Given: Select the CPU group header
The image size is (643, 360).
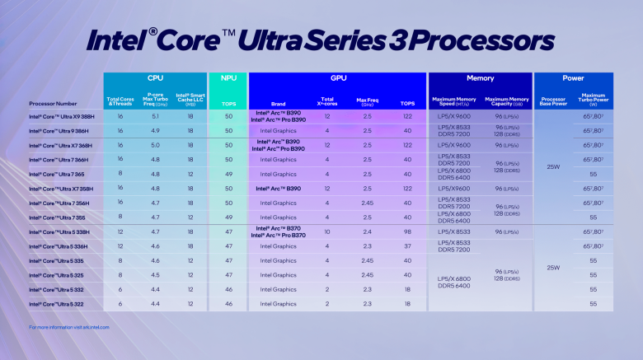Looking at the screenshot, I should click(154, 78).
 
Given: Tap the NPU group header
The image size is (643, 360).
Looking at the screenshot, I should click(228, 78).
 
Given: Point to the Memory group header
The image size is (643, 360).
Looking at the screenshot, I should click(480, 78).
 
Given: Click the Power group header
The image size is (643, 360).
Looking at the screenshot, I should click(573, 78).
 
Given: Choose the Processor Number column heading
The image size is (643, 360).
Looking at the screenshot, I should click(53, 104).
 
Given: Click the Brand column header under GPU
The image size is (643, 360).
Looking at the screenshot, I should click(278, 104).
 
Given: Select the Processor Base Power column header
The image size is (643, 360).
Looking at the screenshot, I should click(554, 101).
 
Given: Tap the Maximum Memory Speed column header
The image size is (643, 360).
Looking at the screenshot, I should click(454, 101).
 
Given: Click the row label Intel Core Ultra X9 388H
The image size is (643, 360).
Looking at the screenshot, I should click(63, 117).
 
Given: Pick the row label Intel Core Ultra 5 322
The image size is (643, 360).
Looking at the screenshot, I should click(58, 304).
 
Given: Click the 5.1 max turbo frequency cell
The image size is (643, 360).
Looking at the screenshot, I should click(155, 116).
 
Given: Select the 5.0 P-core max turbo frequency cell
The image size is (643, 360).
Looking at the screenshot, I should click(155, 145).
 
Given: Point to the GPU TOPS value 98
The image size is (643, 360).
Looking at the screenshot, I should click(406, 231).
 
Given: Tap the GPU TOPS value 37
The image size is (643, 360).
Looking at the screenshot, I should click(406, 246).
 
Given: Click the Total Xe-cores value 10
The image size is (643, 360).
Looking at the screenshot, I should click(327, 231).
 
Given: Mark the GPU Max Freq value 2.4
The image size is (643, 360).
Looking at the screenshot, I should click(367, 231).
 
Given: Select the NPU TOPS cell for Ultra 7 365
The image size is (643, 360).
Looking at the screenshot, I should click(228, 174).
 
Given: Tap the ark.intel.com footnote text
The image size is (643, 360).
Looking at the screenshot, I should click(68, 327).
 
